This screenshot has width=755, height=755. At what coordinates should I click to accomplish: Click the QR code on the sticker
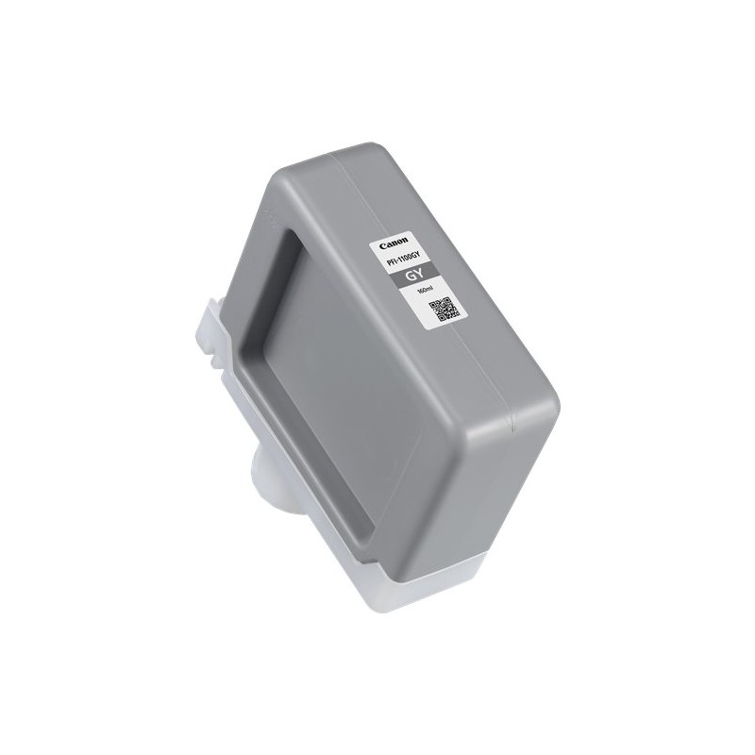445,309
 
